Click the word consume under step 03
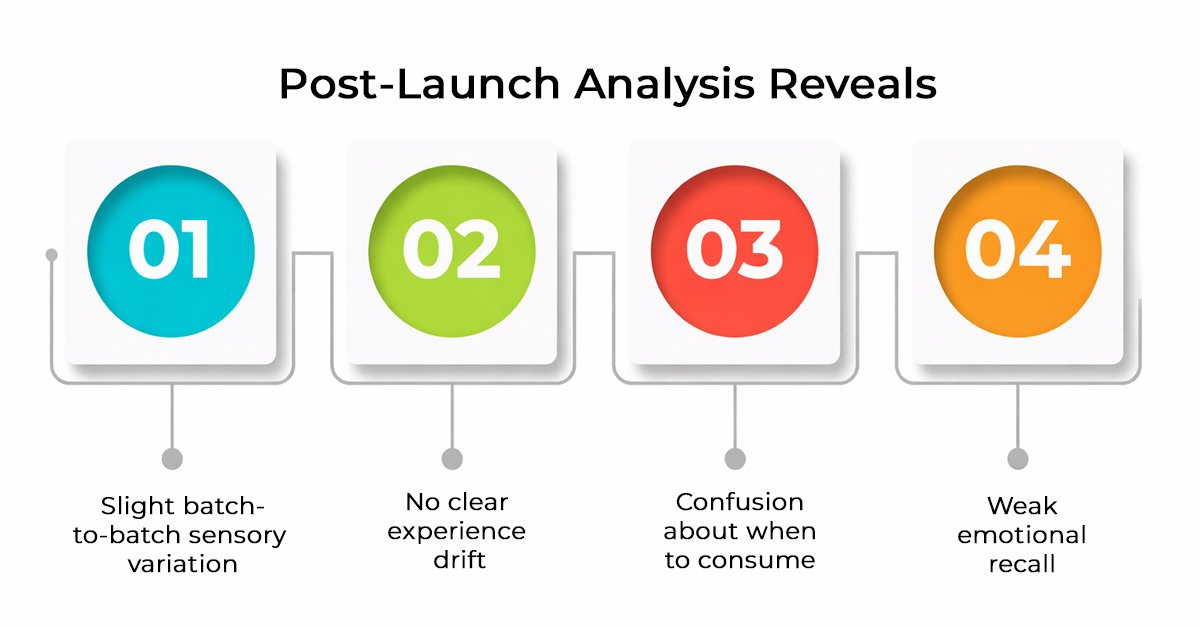tap(768, 560)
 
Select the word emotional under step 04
tap(1021, 535)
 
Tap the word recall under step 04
tap(1021, 564)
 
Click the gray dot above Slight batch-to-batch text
tap(172, 459)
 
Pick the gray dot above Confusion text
tap(735, 459)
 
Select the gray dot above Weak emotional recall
tap(1018, 459)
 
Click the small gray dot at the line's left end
tap(52, 255)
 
